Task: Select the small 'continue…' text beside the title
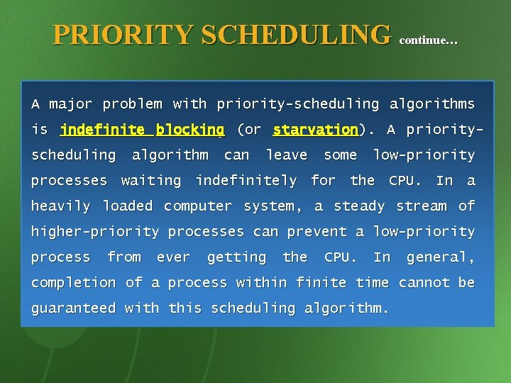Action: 429,40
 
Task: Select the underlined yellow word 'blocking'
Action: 190,130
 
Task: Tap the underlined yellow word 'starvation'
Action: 315,130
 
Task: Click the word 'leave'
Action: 287,155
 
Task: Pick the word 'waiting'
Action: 151,181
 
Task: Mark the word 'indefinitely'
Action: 246,181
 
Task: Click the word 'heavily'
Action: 60,206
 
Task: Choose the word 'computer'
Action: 199,206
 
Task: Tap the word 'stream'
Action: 422,206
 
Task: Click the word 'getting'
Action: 237,257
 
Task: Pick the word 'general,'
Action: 440,257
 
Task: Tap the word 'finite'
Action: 323,283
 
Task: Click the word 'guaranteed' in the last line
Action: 73,309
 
